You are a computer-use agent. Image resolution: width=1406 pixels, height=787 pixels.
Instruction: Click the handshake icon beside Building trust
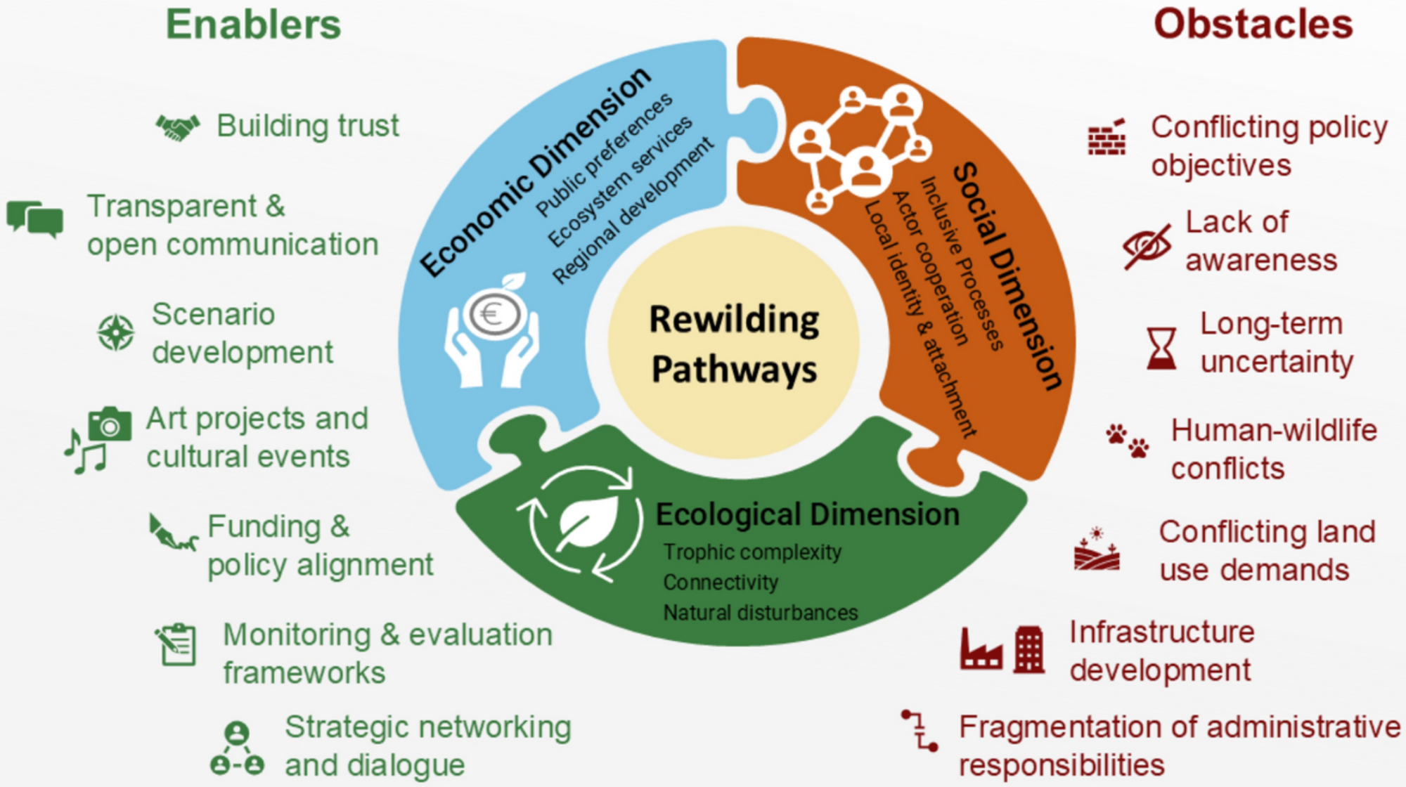[177, 127]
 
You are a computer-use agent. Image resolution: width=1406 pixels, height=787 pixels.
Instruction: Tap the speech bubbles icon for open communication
[35, 219]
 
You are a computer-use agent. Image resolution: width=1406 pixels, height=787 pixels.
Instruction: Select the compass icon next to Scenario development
[116, 332]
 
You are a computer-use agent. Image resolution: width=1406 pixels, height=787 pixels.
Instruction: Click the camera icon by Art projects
[110, 424]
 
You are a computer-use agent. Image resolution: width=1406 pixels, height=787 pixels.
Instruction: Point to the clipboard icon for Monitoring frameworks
[176, 644]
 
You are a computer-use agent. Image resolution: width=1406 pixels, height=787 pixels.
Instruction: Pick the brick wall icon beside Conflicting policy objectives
[1107, 137]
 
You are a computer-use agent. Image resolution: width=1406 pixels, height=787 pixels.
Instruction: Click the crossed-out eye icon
[1147, 246]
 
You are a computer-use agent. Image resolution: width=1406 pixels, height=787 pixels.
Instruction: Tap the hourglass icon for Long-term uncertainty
[1161, 348]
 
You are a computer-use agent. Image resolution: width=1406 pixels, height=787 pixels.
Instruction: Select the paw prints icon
[1127, 441]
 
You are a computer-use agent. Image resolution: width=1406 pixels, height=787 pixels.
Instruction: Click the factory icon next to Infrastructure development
[981, 650]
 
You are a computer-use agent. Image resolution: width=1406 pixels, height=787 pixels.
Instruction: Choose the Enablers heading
[254, 25]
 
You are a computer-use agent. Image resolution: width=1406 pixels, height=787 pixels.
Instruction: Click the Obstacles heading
[1253, 25]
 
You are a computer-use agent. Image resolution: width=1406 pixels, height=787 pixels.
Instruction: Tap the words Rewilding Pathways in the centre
[734, 344]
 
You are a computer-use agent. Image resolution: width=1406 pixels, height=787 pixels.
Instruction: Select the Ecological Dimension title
[807, 514]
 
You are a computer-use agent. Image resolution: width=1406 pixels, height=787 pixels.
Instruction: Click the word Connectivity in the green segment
[721, 583]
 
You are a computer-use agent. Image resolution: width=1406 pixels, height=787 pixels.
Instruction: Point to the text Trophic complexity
[752, 552]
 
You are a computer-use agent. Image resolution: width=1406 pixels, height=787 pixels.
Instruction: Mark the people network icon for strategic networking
[237, 748]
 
